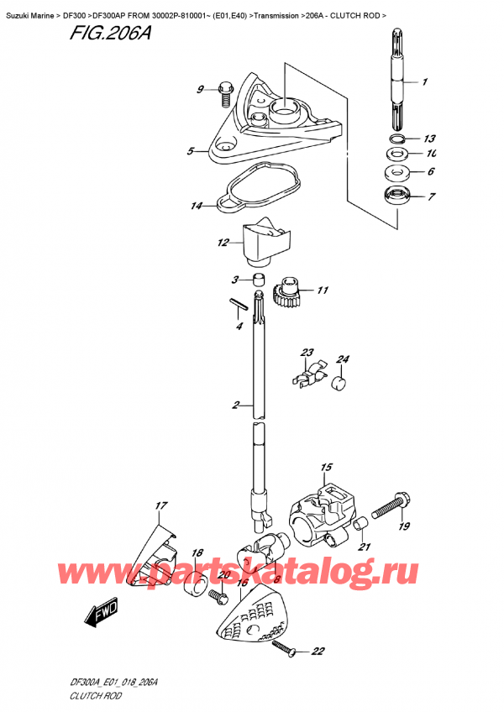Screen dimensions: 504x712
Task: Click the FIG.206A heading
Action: [110, 33]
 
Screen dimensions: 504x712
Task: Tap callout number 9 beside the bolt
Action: [201, 90]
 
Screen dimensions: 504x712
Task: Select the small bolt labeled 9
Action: [225, 94]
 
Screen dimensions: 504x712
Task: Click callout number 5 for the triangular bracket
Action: [191, 151]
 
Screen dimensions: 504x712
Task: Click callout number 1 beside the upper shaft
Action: [425, 81]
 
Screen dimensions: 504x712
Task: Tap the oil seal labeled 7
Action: [398, 196]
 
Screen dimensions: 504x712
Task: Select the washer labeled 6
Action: [397, 172]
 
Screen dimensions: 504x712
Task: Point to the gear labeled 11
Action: [285, 293]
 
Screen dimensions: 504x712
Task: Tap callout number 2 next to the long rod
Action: [236, 404]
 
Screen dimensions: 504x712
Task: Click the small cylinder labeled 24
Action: [340, 383]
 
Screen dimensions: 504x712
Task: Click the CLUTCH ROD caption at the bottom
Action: [96, 695]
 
